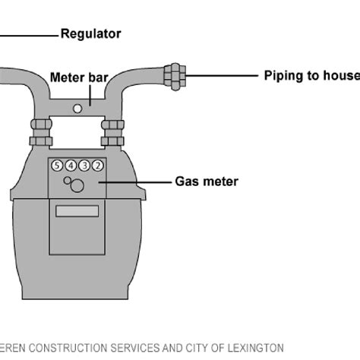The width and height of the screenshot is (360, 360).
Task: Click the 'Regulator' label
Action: [90, 34]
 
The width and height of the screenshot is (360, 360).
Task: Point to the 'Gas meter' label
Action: [207, 182]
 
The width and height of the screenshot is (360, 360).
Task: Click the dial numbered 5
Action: [57, 166]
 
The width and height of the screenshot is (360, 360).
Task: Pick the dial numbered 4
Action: [71, 166]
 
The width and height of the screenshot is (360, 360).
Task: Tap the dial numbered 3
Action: [84, 166]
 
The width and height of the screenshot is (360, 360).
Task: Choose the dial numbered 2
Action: [98, 166]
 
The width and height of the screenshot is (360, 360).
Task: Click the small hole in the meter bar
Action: [77, 109]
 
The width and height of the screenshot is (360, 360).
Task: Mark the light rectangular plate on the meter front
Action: [77, 210]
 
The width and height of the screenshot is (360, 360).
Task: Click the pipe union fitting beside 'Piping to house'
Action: [175, 75]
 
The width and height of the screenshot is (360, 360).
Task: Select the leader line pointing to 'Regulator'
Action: [29, 34]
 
